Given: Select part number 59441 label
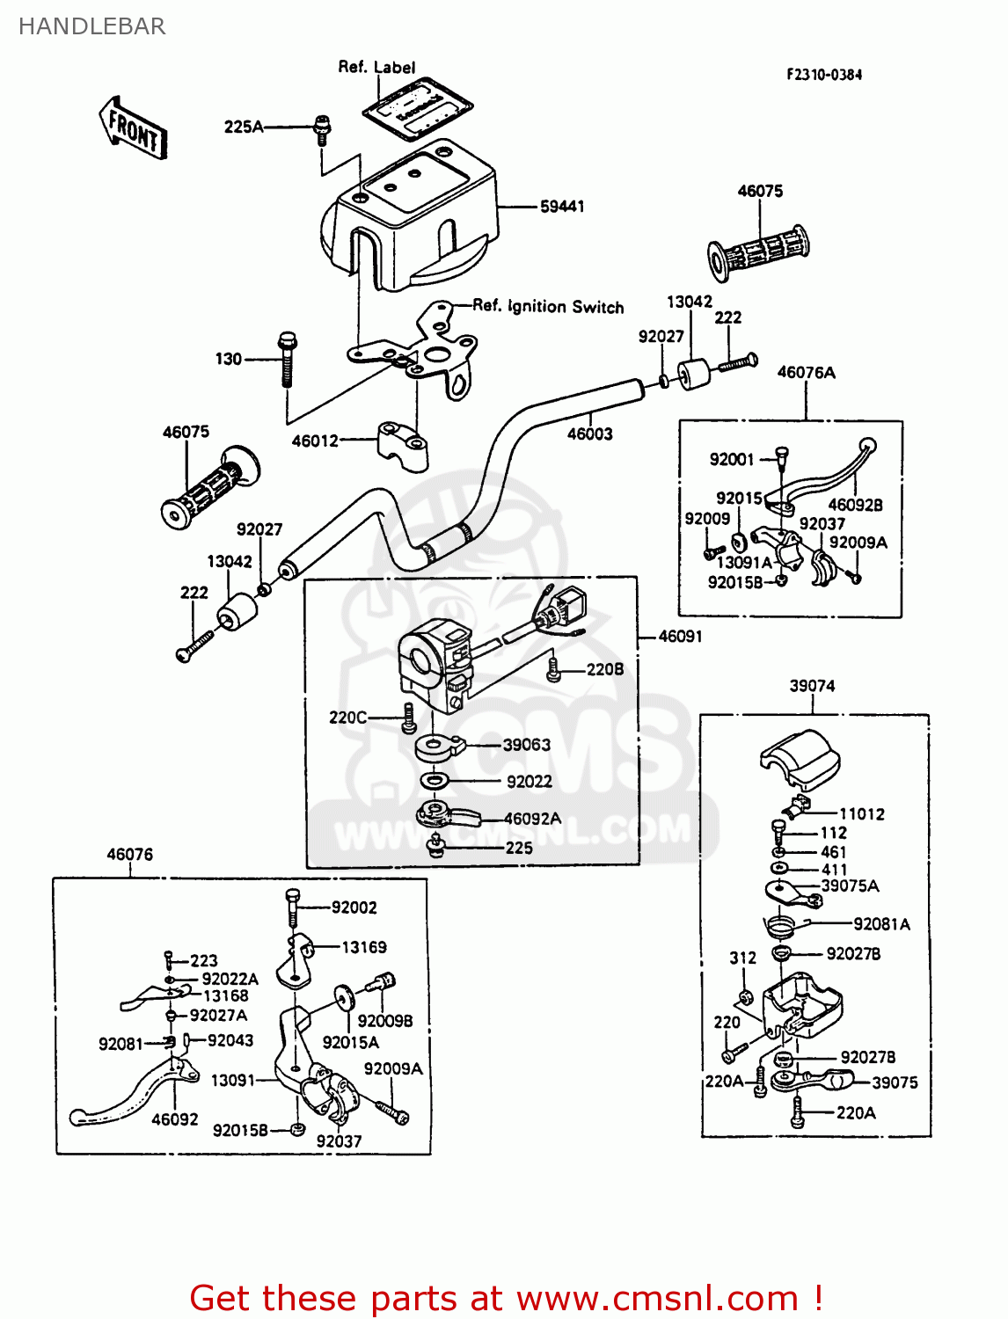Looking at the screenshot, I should pyautogui.click(x=562, y=207).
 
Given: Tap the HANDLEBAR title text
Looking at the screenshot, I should pyautogui.click(x=91, y=26).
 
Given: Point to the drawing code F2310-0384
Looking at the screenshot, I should pyautogui.click(x=824, y=75).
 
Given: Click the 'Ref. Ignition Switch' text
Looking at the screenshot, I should pyautogui.click(x=548, y=306).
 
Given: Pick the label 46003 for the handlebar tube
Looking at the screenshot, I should pyautogui.click(x=589, y=434).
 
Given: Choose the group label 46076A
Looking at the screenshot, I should pyautogui.click(x=806, y=372).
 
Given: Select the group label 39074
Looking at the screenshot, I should pyautogui.click(x=811, y=686).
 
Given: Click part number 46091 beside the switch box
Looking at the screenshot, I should pyautogui.click(x=680, y=636).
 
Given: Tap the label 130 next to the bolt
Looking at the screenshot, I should pyautogui.click(x=228, y=359).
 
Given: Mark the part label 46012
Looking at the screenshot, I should pyautogui.click(x=315, y=441).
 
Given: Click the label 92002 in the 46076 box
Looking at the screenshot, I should pyautogui.click(x=354, y=907).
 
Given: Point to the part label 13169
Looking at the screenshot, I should pyautogui.click(x=363, y=947).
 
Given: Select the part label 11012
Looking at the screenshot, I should pyautogui.click(x=861, y=814).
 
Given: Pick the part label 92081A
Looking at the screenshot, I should pyautogui.click(x=881, y=924).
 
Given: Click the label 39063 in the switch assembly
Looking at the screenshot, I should pyautogui.click(x=526, y=745).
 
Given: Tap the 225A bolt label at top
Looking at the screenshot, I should pyautogui.click(x=243, y=127).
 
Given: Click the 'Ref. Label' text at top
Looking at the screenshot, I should pyautogui.click(x=376, y=67).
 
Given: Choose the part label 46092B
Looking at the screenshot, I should pyautogui.click(x=855, y=505).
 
